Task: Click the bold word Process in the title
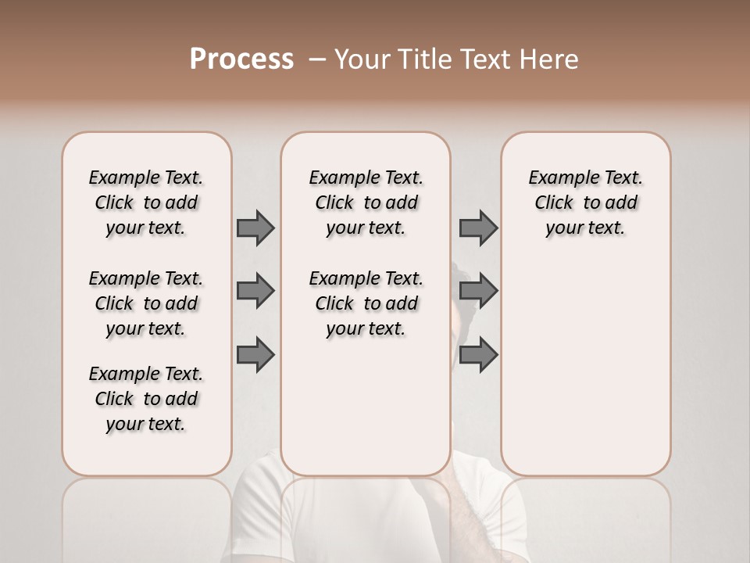pos(241,59)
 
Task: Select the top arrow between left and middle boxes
pos(255,228)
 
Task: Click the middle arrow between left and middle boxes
pos(255,291)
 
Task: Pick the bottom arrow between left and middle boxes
pos(255,355)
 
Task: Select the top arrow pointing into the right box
pos(478,228)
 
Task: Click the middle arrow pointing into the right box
pos(478,291)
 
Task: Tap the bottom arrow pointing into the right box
pos(478,355)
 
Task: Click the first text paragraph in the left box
pos(146,203)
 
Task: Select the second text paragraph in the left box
pos(146,303)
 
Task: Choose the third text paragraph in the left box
pos(146,399)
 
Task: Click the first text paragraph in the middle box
pos(366,203)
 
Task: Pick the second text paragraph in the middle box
pos(366,303)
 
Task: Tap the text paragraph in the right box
pos(585,203)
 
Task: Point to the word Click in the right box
pos(554,203)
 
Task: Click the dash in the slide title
pos(317,59)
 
